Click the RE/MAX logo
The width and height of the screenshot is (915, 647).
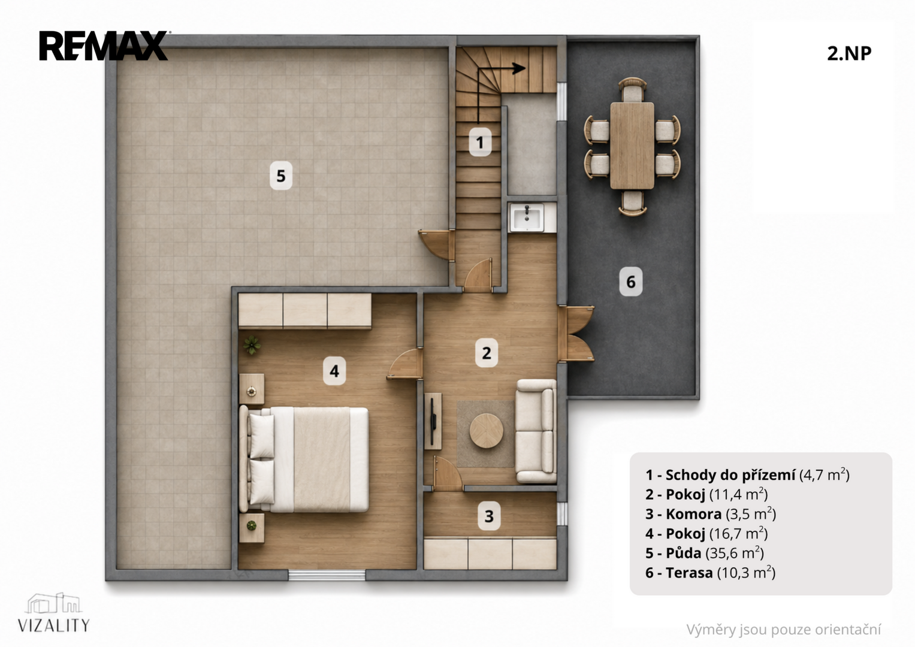pos(103,46)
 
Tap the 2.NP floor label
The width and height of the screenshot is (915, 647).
pos(849,53)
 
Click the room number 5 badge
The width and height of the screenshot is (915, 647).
pos(281,176)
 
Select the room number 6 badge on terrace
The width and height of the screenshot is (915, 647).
pos(631,282)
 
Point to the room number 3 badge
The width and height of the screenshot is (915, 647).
pos(489,516)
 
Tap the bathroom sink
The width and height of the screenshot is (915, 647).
pos(527,217)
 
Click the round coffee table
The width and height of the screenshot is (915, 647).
pos(486,431)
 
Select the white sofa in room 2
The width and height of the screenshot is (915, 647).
pos(536,431)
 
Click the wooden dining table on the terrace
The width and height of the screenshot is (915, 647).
pos(632,146)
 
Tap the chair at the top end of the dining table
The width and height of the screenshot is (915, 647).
pos(632,89)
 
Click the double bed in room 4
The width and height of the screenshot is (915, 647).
pos(304,459)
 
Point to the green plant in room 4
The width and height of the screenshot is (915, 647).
pos(252,345)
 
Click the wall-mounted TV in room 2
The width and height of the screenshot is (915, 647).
pos(433,421)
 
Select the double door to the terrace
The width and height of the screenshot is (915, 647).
pos(576,334)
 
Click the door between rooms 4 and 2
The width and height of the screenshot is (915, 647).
pos(405,364)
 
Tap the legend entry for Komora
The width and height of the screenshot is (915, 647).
pos(710,513)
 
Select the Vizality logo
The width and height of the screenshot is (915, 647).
pos(53,613)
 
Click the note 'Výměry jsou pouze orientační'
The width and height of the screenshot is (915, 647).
pos(783,630)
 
